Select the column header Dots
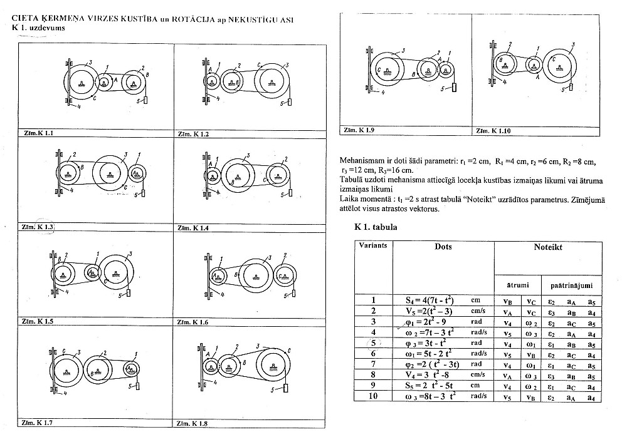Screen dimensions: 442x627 [x=443, y=247]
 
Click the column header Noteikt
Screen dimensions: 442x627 [x=547, y=247]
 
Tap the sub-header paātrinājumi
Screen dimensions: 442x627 [x=569, y=285]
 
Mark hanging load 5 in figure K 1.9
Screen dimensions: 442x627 [x=453, y=87]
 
